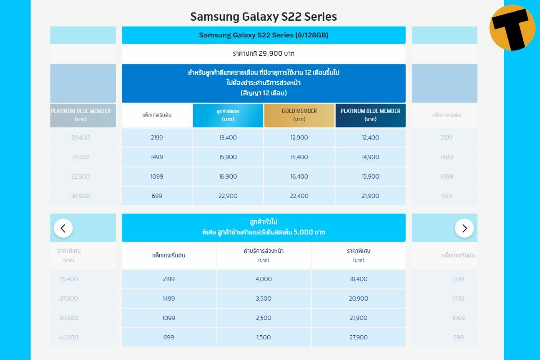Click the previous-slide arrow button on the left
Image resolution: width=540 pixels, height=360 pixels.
click(63, 228)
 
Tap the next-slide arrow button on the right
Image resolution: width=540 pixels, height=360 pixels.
click(464, 228)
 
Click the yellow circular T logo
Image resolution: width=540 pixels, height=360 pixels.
click(512, 28)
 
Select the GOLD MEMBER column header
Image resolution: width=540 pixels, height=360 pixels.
click(299, 115)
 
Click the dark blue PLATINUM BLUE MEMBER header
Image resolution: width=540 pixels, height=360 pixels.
click(370, 115)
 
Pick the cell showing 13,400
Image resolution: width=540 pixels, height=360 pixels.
click(228, 138)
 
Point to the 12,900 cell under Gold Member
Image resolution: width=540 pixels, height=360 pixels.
click(299, 138)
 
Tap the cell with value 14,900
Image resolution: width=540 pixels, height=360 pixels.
click(370, 157)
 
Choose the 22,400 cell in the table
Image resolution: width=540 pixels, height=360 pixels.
click(299, 196)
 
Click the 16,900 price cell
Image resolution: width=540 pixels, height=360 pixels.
click(228, 176)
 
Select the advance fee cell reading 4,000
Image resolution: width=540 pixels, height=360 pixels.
click(264, 279)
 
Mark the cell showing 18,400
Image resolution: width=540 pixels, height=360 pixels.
click(359, 279)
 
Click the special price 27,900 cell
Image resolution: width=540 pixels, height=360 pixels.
click(359, 337)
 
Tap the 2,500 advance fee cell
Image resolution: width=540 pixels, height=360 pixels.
click(264, 318)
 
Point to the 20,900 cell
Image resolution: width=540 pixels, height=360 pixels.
click(359, 298)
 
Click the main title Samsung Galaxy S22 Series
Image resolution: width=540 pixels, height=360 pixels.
click(263, 17)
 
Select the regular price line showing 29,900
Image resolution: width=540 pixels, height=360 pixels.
click(263, 54)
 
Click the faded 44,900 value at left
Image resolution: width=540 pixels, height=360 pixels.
click(69, 337)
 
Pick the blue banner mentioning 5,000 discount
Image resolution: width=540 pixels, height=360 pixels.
click(263, 228)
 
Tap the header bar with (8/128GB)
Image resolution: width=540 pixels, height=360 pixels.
click(263, 35)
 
